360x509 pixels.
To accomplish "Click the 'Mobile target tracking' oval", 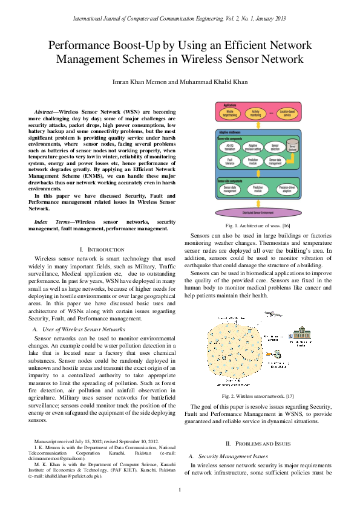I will point(231,112).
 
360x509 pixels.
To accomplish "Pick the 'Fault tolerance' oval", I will point(231,161).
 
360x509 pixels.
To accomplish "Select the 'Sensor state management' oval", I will point(231,189).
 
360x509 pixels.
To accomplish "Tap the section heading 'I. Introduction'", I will point(102,249).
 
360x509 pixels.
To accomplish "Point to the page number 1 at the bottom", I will point(180,490).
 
